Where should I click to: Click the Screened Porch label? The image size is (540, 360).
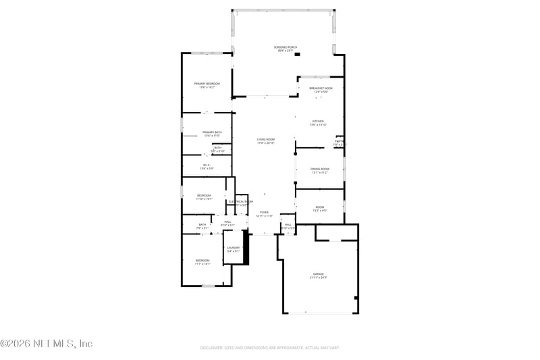click(x=286, y=47)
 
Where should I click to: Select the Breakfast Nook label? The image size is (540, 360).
click(x=321, y=88)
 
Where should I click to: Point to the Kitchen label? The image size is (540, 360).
click(x=318, y=122)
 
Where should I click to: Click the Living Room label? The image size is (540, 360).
click(x=265, y=140)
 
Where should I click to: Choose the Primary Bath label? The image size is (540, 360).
click(x=212, y=132)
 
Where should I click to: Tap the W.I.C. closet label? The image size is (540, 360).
click(x=207, y=165)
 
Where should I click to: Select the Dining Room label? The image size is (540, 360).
click(x=319, y=169)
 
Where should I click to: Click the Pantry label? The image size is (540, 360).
click(x=339, y=141)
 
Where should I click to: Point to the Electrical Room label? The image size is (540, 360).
click(x=240, y=201)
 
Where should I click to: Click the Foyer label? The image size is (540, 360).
click(x=264, y=212)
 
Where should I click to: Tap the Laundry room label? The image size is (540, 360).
click(x=234, y=248)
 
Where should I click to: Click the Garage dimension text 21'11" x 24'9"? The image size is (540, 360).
click(x=319, y=278)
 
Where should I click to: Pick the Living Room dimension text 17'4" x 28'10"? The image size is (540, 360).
click(x=265, y=143)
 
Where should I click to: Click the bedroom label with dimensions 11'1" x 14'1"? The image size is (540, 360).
click(x=203, y=261)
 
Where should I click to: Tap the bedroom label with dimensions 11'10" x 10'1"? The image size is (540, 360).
click(x=204, y=196)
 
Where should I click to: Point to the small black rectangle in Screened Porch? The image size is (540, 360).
click(x=297, y=53)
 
